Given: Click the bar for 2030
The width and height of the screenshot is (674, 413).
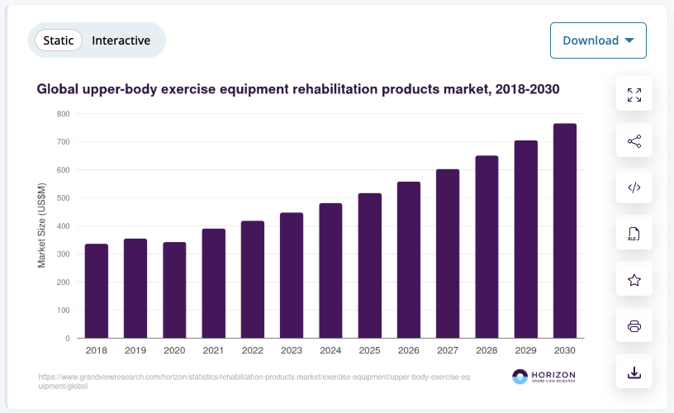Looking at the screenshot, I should pyautogui.click(x=565, y=231).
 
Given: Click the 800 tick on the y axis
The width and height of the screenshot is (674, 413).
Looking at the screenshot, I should pyautogui.click(x=63, y=114).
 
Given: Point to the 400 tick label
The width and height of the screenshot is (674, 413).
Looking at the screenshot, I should pyautogui.click(x=63, y=226).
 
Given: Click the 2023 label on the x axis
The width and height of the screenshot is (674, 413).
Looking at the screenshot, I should pyautogui.click(x=292, y=351).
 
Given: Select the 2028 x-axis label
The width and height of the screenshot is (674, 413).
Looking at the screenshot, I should pyautogui.click(x=487, y=351).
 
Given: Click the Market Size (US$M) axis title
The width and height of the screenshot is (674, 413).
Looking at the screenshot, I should pyautogui.click(x=42, y=226).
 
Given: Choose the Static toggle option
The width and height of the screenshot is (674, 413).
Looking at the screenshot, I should pyautogui.click(x=59, y=40).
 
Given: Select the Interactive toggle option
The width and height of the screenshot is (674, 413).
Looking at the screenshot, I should pyautogui.click(x=121, y=40).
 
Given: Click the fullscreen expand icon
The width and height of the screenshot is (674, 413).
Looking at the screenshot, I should pyautogui.click(x=634, y=95).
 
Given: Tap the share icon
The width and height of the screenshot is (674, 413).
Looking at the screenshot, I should pyautogui.click(x=634, y=141).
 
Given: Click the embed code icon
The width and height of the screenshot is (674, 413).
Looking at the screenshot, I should pyautogui.click(x=634, y=188).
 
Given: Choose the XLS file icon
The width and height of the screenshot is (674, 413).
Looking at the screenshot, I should pyautogui.click(x=634, y=234).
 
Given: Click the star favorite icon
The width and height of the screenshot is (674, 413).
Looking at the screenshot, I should pyautogui.click(x=634, y=280).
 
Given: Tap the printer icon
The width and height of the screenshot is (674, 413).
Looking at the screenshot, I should pyautogui.click(x=634, y=326).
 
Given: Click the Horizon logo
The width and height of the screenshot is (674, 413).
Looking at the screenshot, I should pyautogui.click(x=543, y=377).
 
